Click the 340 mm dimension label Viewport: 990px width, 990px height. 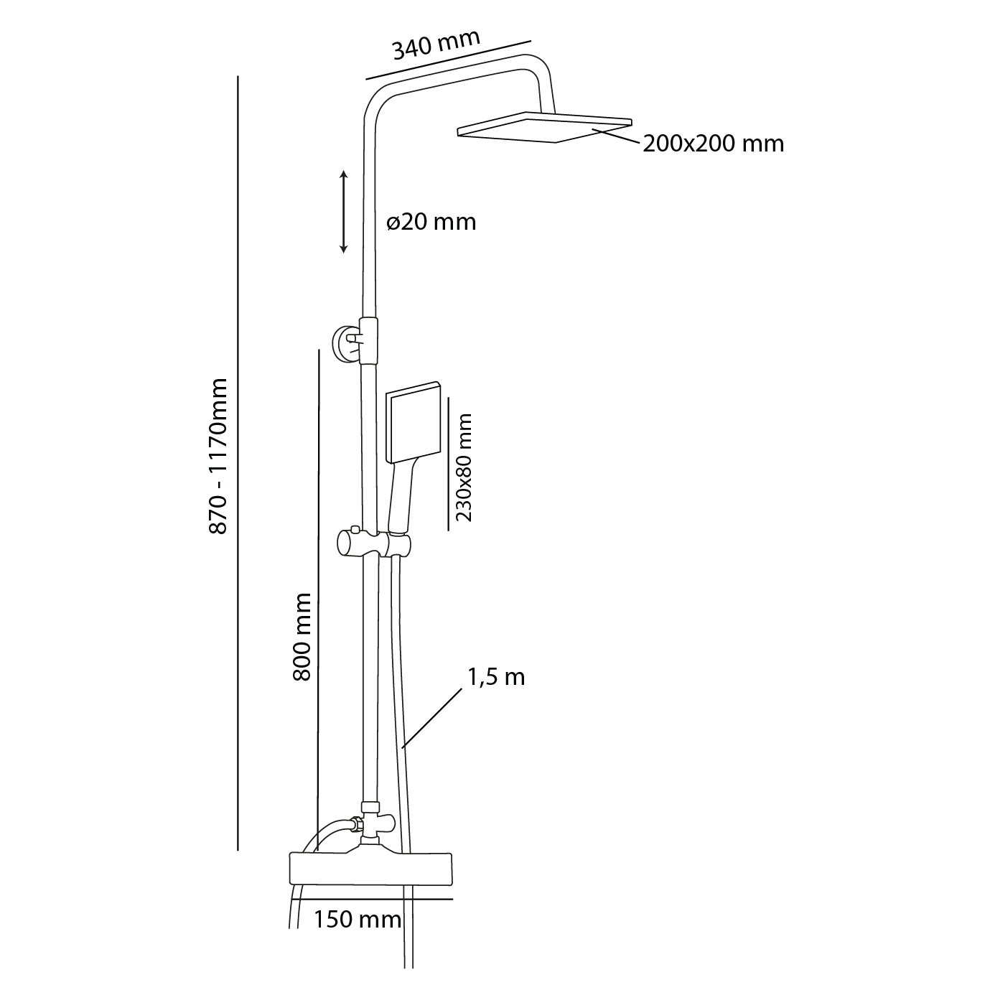coord(435,45)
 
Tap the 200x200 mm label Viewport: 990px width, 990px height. coord(713,144)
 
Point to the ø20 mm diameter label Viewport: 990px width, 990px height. coord(431,222)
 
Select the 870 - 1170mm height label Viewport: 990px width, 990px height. coord(218,456)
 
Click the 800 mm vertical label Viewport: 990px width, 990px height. coord(302,637)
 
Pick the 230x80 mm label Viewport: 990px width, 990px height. coord(464,467)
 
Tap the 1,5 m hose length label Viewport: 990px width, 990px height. coord(496,677)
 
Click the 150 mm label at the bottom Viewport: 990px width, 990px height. coord(357,920)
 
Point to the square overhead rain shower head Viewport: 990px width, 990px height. coord(544,127)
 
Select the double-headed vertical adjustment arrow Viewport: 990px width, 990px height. coord(344,212)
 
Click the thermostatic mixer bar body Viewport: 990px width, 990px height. coord(370,869)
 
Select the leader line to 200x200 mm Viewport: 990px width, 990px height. coord(615,137)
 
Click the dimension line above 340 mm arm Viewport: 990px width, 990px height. coord(448,59)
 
